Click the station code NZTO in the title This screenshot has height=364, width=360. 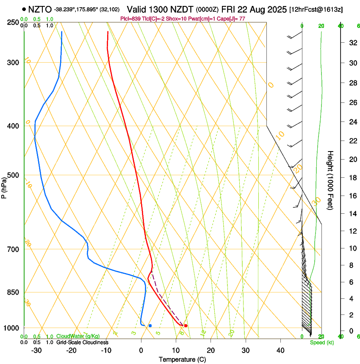pyautogui.click(x=40, y=9)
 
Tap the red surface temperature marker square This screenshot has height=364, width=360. pyautogui.click(x=186, y=325)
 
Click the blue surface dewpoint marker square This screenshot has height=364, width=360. pyautogui.click(x=150, y=325)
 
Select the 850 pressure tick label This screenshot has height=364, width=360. pyautogui.click(x=13, y=292)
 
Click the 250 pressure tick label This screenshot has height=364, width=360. pyautogui.click(x=13, y=22)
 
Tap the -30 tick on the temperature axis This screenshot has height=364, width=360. pyautogui.click(x=36, y=350)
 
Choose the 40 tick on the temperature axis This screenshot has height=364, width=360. pyautogui.click(x=280, y=350)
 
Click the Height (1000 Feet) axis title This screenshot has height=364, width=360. pyautogui.click(x=330, y=180)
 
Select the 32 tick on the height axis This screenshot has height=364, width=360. pyautogui.click(x=352, y=43)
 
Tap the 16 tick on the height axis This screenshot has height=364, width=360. pyautogui.click(x=352, y=196)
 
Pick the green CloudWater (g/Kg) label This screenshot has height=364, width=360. pyautogui.click(x=78, y=336)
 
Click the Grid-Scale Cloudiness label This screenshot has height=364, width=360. pyautogui.click(x=82, y=342)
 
